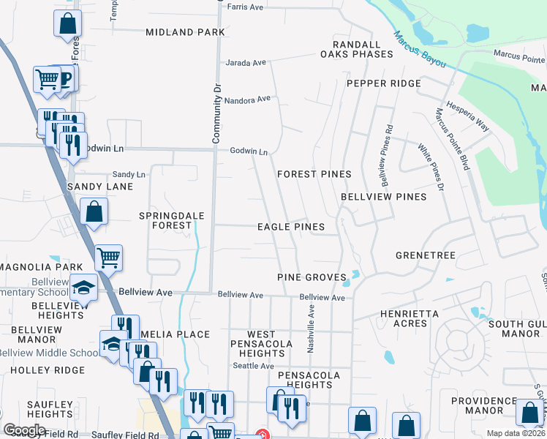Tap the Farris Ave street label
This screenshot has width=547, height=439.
[x=245, y=7]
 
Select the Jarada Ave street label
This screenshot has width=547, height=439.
[x=246, y=63]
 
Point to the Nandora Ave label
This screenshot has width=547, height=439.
[x=247, y=99]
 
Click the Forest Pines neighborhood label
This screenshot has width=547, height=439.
[x=314, y=174]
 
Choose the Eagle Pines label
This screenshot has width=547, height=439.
[x=290, y=227]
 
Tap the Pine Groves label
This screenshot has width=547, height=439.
[x=311, y=278]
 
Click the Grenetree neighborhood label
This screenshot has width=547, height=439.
[x=425, y=255]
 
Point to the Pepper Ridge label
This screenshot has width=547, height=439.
[x=384, y=83]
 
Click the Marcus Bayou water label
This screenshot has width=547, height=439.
[x=419, y=50]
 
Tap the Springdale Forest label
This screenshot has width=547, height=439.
[x=166, y=220]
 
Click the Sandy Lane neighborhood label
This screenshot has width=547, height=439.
[x=100, y=187]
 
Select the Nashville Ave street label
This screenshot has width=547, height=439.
[x=311, y=329]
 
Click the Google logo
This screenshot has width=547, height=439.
[x=24, y=430]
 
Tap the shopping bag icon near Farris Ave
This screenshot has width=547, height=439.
[x=67, y=23]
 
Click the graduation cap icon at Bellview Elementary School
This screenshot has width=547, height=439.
[x=85, y=288]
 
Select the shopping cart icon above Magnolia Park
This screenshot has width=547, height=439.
[x=108, y=256]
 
